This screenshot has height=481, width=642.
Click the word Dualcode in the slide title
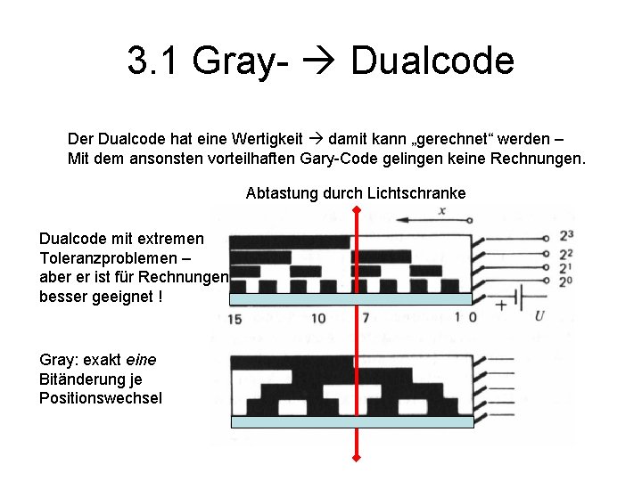[432, 61]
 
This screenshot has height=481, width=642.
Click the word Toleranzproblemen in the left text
[101, 258]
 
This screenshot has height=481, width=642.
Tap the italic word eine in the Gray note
[141, 359]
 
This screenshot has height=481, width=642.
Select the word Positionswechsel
[101, 398]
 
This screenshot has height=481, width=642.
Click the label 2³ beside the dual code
[565, 237]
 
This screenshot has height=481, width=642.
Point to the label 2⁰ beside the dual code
[565, 282]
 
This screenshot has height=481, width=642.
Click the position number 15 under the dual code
[235, 318]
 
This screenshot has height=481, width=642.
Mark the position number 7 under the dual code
[365, 317]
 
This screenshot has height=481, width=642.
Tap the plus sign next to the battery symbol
[500, 305]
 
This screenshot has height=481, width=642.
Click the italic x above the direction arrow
[441, 210]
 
